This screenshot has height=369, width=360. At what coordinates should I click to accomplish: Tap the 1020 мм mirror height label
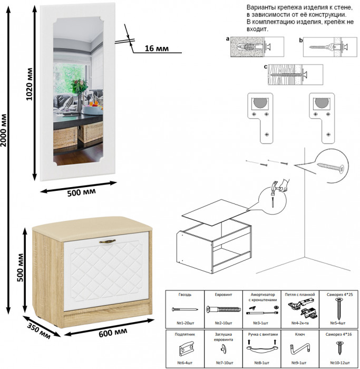(30, 84)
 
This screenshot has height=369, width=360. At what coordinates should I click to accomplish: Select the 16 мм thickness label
(156, 48)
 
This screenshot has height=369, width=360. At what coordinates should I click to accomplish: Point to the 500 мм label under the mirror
(81, 192)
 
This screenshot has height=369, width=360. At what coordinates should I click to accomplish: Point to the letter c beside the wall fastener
(266, 67)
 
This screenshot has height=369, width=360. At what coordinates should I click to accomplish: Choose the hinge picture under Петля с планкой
(300, 309)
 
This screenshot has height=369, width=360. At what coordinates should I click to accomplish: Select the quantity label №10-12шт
(337, 362)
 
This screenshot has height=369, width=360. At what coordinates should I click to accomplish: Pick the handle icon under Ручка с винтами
(262, 348)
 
